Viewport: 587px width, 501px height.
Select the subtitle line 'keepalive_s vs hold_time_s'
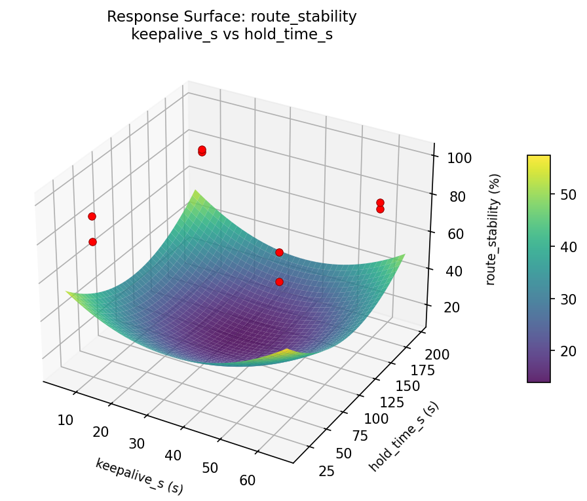232,35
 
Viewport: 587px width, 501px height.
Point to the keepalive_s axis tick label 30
136,443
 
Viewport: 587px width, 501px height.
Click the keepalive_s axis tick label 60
248,480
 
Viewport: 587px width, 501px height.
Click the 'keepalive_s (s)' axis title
139,475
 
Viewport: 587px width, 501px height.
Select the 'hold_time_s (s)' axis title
404,436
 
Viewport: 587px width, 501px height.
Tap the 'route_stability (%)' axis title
495,229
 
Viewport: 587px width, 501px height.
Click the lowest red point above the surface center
279,282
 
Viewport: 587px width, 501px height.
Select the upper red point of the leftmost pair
92,216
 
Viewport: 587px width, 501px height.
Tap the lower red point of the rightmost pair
380,209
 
